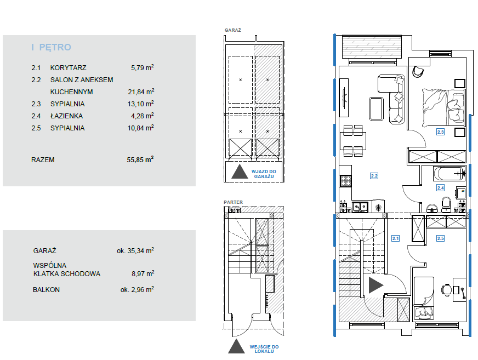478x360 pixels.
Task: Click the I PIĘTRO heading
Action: [x=51, y=47]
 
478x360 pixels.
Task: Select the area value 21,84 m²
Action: [x=141, y=92]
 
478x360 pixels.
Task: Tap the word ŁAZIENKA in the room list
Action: [x=66, y=116]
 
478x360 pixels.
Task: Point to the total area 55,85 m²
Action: [x=140, y=159]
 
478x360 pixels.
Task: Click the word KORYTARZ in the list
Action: [x=69, y=68]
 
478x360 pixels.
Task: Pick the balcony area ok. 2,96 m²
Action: [x=137, y=289]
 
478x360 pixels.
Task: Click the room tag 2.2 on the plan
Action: [x=374, y=176]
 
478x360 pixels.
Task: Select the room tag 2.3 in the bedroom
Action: [x=440, y=132]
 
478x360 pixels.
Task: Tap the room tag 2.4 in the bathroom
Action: [x=440, y=188]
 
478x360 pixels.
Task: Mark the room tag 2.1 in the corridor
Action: [x=395, y=238]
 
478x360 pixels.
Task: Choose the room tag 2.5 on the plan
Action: [x=440, y=238]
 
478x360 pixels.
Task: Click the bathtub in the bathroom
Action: [x=449, y=174]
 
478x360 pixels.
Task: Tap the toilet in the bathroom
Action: [x=446, y=204]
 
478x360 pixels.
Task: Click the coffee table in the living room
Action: [x=376, y=109]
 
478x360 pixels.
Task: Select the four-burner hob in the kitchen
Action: [x=346, y=181]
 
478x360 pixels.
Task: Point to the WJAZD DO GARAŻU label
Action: [x=264, y=174]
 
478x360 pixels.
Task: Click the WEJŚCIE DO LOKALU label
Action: [x=264, y=349]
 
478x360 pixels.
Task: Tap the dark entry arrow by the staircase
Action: [x=375, y=285]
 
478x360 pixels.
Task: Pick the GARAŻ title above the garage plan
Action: [x=233, y=30]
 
